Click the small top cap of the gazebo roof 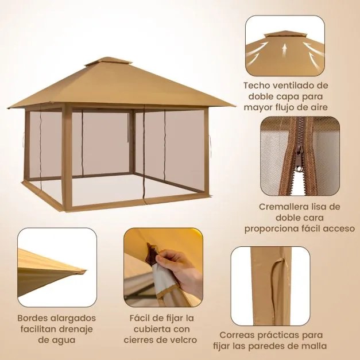pos(107,61)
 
